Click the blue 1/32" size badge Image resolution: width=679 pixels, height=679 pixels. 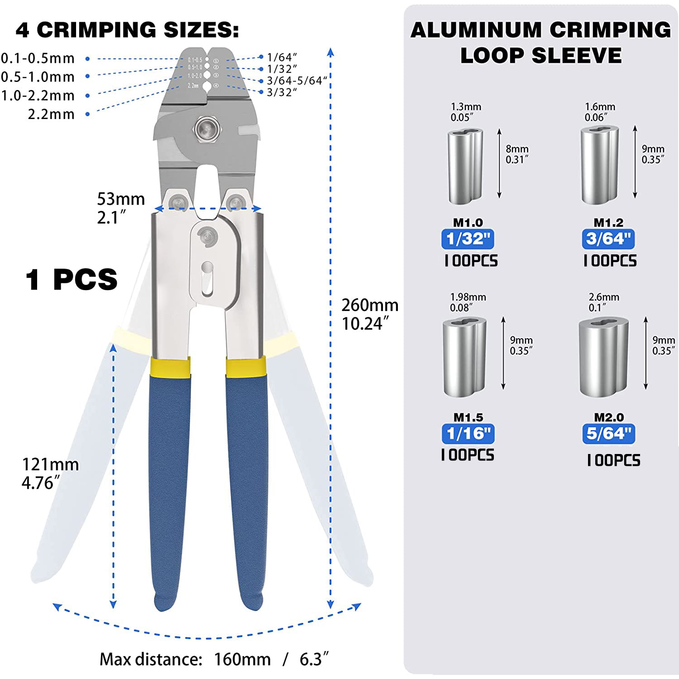(468, 239)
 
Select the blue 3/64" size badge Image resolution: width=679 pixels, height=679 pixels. (608, 239)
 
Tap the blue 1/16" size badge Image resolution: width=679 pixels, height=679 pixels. (468, 434)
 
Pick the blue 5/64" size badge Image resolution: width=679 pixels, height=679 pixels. (609, 434)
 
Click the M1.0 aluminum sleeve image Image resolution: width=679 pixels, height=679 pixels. (465, 166)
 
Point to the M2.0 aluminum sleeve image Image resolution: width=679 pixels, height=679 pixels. (603, 357)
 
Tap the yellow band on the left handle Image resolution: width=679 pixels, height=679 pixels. (170, 368)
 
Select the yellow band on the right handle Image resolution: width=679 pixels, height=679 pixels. (246, 368)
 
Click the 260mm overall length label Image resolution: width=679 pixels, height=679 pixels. (370, 305)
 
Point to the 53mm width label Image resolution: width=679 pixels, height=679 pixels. (121, 199)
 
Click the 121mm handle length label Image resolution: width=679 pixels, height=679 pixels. (50, 464)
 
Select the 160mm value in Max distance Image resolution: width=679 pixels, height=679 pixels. (242, 659)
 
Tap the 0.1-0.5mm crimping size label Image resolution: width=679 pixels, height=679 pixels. (38, 58)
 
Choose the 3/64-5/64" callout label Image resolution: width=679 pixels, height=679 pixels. (297, 81)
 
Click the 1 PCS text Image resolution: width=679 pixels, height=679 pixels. (72, 279)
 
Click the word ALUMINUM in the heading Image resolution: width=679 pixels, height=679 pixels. (476, 30)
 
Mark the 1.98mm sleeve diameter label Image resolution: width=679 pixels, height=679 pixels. (468, 297)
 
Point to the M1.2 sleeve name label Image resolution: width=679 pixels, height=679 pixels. (608, 222)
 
